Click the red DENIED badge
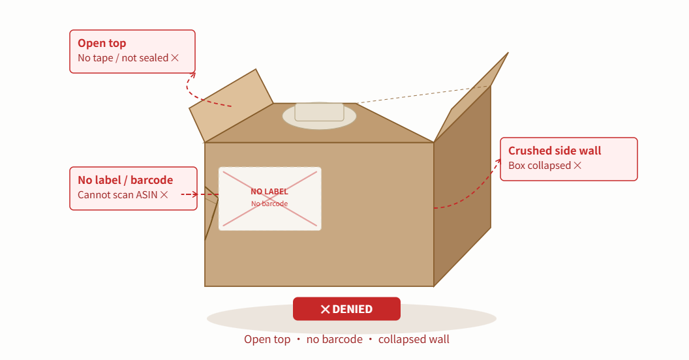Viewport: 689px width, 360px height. tap(346, 308)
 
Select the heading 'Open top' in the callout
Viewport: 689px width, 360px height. tap(102, 43)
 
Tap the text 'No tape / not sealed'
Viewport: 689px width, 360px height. tap(123, 58)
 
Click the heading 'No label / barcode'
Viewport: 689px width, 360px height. tap(125, 180)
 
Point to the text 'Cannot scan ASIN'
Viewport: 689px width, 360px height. tap(117, 195)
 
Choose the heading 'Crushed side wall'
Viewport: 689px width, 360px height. tap(555, 151)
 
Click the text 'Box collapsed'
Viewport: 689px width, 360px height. tap(540, 166)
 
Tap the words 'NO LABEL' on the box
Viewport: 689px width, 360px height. tap(269, 192)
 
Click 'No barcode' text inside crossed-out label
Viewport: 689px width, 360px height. tap(269, 203)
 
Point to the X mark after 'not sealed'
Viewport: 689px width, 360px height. tap(175, 58)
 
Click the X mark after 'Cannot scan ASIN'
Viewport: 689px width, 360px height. tap(164, 195)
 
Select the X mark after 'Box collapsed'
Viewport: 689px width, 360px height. tap(577, 166)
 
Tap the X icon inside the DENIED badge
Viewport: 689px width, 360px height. tap(325, 310)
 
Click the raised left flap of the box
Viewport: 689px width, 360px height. tap(231, 106)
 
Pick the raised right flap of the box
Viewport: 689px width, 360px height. tap(471, 97)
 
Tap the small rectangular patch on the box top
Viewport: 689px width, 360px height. tap(320, 112)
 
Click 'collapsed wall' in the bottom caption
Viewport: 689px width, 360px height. tap(414, 339)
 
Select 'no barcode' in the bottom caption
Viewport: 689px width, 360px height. tap(335, 339)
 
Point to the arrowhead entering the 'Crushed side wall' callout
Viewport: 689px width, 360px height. tap(498, 161)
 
